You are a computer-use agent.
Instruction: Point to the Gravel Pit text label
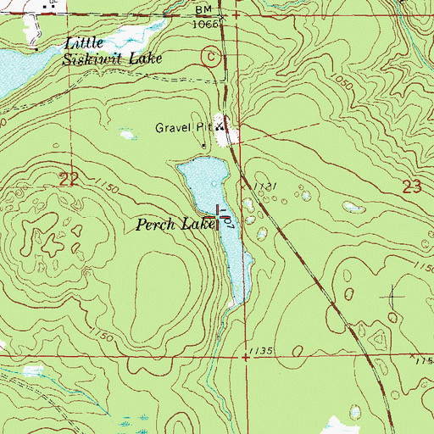click(181, 128)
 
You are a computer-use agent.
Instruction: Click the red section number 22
click(71, 178)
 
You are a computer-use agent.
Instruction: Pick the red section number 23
click(412, 188)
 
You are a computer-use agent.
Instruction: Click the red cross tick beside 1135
click(246, 358)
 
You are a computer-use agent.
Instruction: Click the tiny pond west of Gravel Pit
click(127, 134)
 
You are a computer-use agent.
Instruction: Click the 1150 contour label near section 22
click(106, 184)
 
